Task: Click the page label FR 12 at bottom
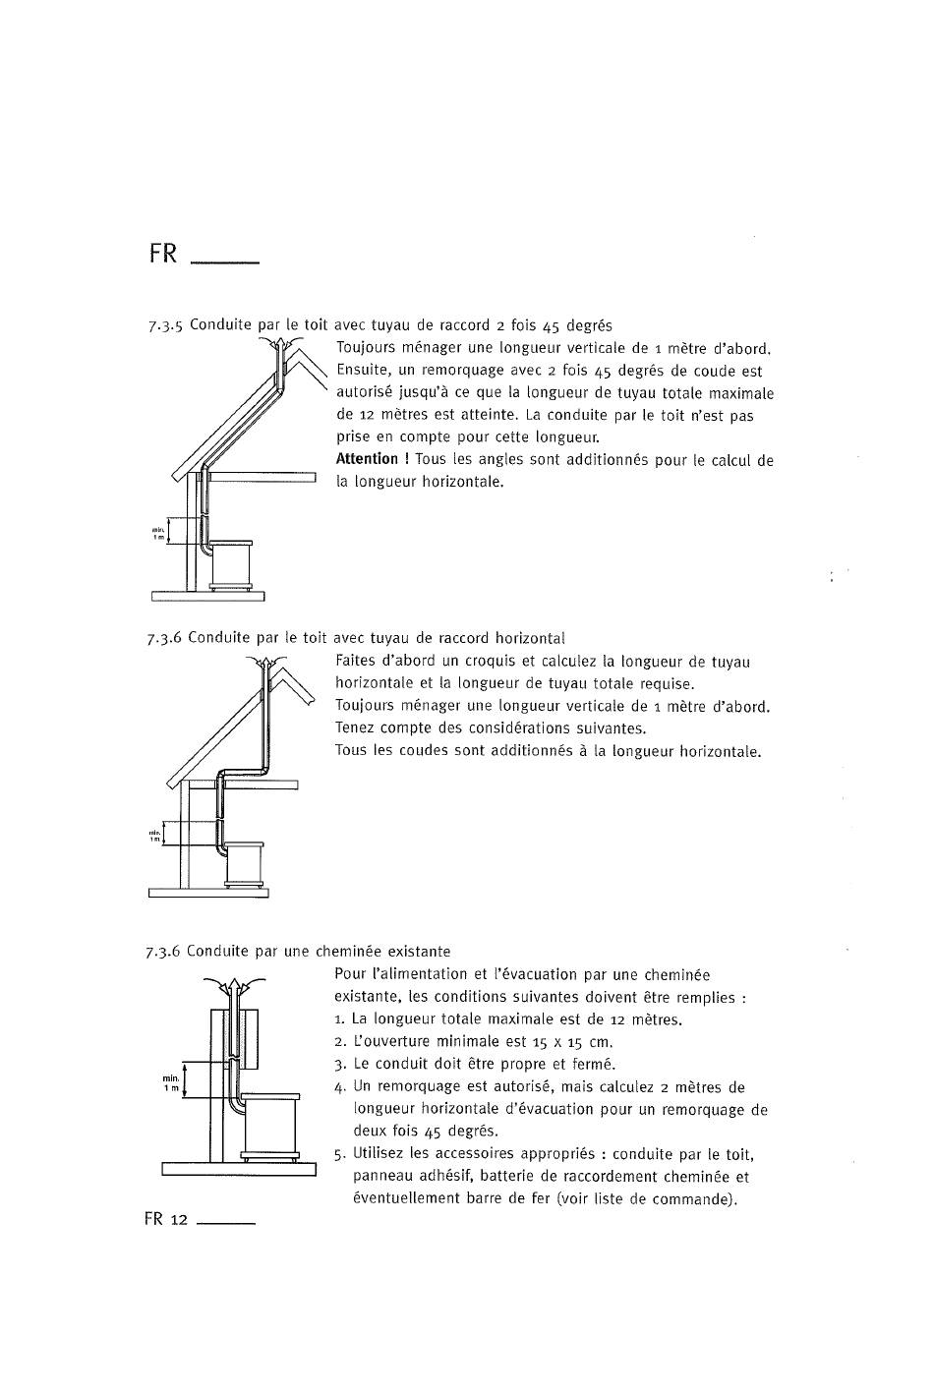(165, 1219)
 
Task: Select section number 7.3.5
(165, 326)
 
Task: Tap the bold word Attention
(367, 459)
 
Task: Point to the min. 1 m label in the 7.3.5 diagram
(158, 532)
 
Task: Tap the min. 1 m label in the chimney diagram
(171, 1083)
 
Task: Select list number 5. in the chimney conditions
(340, 1154)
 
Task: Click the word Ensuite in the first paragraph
(362, 372)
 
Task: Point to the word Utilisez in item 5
(380, 1154)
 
